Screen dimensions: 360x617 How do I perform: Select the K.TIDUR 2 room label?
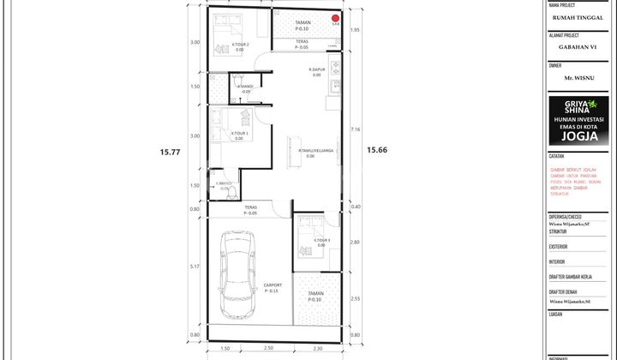[x=241, y=45]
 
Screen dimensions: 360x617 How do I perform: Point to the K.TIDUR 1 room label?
[x=241, y=134]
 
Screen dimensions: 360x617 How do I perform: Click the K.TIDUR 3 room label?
[x=322, y=241]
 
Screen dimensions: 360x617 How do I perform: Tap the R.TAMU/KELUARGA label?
[x=316, y=152]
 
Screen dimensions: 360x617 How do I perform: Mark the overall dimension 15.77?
[x=171, y=153]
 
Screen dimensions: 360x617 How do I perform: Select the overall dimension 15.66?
[x=377, y=150]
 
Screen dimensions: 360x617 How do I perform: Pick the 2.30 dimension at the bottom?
[x=317, y=349]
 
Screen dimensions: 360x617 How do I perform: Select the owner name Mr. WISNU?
[x=579, y=77]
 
